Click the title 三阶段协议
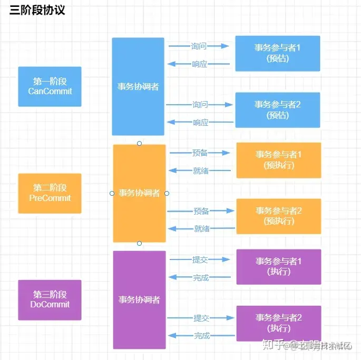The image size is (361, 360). (37, 10)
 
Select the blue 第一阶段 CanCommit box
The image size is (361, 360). (50, 86)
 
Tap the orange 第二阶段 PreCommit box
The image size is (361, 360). (50, 193)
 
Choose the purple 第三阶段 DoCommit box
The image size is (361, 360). (50, 299)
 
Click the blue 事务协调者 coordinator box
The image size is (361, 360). (138, 86)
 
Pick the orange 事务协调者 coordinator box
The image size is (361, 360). (139, 193)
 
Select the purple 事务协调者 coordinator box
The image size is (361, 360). (139, 299)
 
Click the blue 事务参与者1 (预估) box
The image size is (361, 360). (277, 53)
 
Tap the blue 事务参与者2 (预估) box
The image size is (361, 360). (277, 110)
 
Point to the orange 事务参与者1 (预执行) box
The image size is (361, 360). (278, 160)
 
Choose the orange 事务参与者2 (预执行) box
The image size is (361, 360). (278, 216)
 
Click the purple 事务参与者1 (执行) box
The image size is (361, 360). (278, 266)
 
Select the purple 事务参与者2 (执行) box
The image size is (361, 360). (278, 323)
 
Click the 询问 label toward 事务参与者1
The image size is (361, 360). (199, 46)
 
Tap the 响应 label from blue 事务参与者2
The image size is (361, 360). (200, 123)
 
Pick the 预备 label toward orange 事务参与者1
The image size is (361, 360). (200, 153)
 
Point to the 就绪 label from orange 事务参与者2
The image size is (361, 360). (201, 228)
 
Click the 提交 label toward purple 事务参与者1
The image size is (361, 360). (200, 259)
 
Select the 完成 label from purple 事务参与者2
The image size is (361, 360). (201, 335)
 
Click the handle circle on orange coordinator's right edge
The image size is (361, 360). (167, 193)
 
